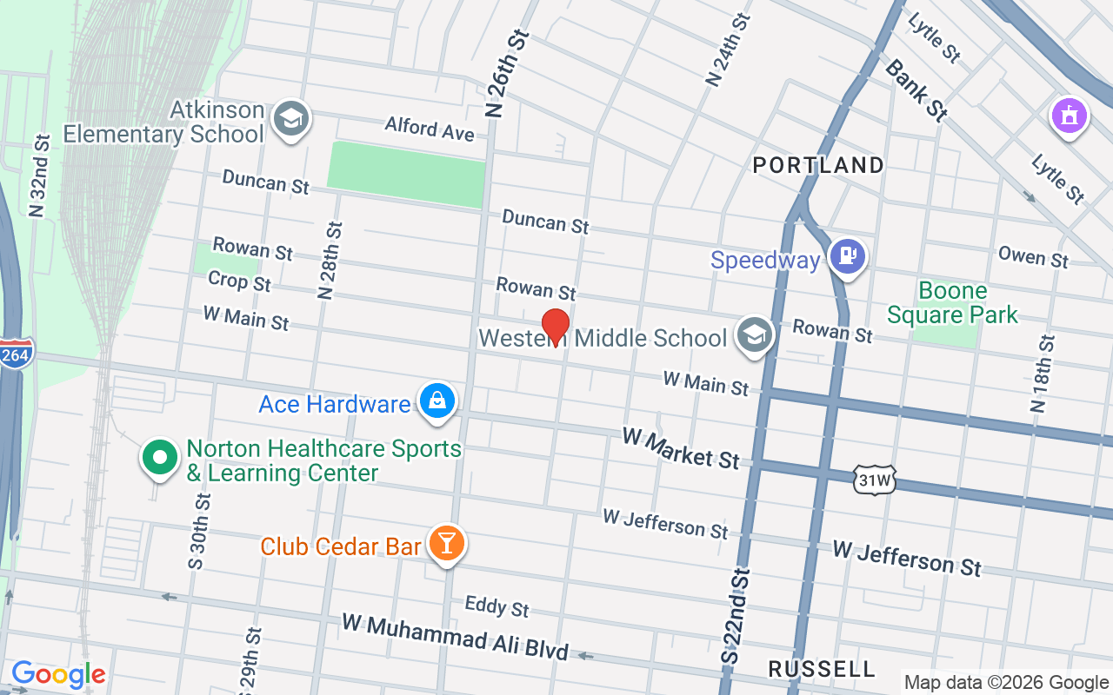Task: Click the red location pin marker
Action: [x=555, y=328]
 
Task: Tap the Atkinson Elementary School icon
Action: [x=290, y=119]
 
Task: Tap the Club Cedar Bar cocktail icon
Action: [x=447, y=544]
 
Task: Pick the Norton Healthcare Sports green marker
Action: [x=159, y=457]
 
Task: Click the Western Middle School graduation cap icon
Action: [x=754, y=334]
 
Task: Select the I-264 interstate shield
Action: [x=15, y=355]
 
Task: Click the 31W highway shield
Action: [x=874, y=480]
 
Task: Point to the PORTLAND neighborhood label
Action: [x=817, y=165]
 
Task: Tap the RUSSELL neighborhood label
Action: [x=822, y=669]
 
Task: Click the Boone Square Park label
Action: [x=952, y=302]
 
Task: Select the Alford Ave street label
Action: [x=430, y=129]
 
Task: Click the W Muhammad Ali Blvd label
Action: [x=455, y=637]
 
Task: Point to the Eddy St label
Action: [x=497, y=606]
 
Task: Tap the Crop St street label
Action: [x=240, y=281]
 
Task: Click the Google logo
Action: [x=58, y=674]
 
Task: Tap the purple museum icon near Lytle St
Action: [x=1070, y=116]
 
